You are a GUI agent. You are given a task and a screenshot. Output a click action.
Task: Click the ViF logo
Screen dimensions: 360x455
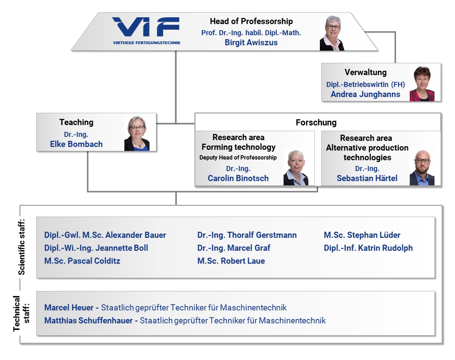click(x=146, y=30)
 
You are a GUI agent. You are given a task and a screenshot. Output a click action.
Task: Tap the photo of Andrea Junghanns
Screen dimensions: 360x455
click(x=422, y=83)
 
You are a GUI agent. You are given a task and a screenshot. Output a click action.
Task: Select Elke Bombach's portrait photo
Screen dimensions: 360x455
click(x=137, y=133)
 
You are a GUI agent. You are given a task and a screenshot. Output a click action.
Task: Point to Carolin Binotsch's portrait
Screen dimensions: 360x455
click(x=296, y=168)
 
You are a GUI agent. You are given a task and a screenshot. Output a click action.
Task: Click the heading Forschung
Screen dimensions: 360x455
click(x=316, y=123)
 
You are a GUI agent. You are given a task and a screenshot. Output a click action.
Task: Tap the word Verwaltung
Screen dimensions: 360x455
click(x=366, y=72)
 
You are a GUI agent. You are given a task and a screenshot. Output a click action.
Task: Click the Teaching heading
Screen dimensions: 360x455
click(x=76, y=122)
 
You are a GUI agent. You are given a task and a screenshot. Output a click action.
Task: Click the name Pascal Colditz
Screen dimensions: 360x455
click(x=94, y=261)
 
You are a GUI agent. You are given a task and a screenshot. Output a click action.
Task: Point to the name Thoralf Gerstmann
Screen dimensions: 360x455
click(x=262, y=235)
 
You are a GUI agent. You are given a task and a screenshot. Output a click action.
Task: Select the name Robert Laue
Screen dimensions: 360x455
click(x=243, y=261)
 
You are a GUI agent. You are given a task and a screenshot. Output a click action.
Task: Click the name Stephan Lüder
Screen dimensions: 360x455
click(x=373, y=235)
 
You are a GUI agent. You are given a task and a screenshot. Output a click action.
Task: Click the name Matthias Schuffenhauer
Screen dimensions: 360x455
click(x=88, y=320)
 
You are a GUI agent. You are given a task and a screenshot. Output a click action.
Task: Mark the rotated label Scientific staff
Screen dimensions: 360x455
click(x=22, y=247)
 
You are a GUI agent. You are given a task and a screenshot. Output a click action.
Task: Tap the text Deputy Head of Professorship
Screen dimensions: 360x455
click(x=238, y=157)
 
